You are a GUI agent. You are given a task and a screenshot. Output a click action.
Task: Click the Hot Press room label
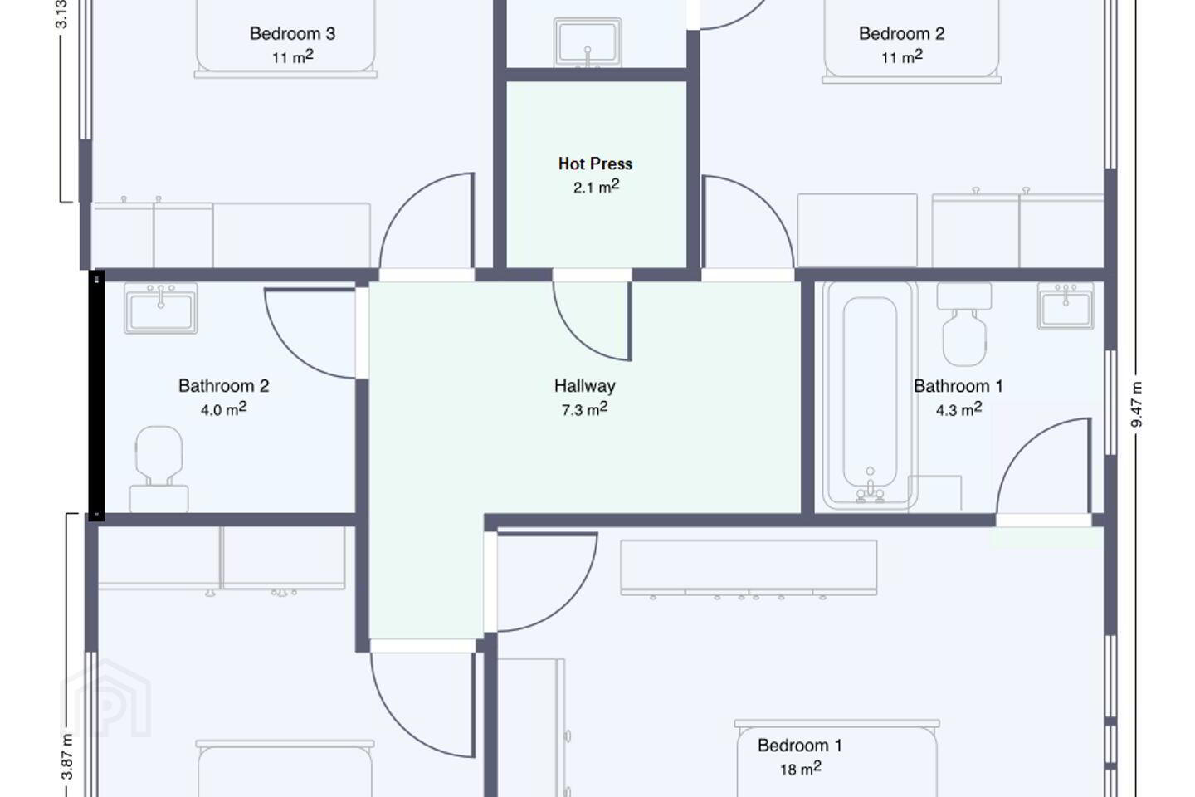[595, 164]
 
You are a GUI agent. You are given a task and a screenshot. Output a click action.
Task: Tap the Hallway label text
[585, 385]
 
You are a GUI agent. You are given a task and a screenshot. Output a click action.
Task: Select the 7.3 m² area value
[585, 409]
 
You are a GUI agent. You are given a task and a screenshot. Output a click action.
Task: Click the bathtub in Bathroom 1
[870, 395]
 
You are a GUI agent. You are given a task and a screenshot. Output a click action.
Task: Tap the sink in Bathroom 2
[161, 308]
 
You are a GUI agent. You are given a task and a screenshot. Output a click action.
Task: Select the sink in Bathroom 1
[1066, 306]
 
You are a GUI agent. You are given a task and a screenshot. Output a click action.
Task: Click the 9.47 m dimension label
[1137, 404]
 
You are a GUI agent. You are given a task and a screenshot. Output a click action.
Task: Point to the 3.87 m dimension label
[66, 756]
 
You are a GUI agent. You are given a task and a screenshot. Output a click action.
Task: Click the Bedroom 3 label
[292, 33]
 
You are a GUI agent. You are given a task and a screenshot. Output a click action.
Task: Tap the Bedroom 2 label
[901, 33]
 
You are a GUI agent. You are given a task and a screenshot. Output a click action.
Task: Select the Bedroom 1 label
[800, 745]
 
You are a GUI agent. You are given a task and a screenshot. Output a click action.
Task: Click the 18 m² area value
[800, 769]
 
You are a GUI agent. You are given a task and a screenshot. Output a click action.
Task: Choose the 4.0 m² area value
[223, 409]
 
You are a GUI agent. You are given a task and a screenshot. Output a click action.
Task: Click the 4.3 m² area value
[958, 409]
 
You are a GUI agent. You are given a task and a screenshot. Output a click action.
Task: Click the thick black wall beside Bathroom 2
[96, 395]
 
